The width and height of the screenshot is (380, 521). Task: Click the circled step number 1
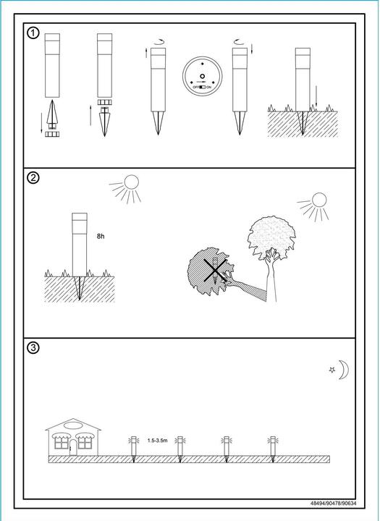click(x=33, y=33)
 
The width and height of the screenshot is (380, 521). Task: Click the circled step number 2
click(x=33, y=178)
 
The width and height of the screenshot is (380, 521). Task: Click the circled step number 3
click(x=33, y=347)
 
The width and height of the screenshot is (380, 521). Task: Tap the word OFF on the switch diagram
click(x=196, y=87)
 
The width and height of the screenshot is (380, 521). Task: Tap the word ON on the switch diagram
click(x=208, y=87)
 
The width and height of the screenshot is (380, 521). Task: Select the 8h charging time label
click(x=101, y=236)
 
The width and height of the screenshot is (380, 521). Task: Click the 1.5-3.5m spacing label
click(x=158, y=441)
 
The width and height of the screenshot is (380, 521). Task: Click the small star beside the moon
click(x=332, y=370)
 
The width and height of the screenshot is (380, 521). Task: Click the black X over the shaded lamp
click(x=216, y=270)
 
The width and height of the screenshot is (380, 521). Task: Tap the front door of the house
click(x=73, y=448)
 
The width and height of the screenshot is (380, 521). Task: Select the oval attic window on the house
click(x=73, y=425)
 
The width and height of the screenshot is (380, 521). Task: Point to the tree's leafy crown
click(x=271, y=236)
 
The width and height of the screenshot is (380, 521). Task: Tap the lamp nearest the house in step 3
click(x=134, y=449)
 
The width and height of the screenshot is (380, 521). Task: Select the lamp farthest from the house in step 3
click(x=273, y=449)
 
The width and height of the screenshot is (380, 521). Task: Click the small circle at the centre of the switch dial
click(x=202, y=77)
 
